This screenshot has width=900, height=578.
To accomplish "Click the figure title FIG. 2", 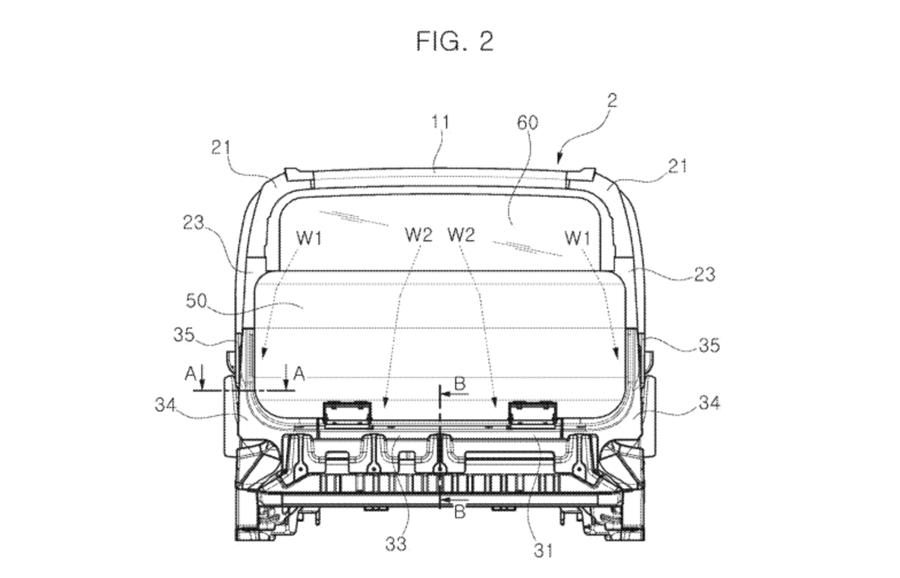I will point(454,40).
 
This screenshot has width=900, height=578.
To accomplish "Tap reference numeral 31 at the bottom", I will point(542,551).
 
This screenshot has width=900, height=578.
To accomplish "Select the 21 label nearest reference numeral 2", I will point(677,166).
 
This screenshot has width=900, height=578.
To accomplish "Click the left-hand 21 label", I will point(220,148).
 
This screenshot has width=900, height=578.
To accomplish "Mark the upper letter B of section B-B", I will point(460,384).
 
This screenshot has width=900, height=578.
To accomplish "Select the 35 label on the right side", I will point(709,345).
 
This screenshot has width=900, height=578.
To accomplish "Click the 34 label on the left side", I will point(166,406).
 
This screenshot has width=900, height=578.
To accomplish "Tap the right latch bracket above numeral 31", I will point(532,412).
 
